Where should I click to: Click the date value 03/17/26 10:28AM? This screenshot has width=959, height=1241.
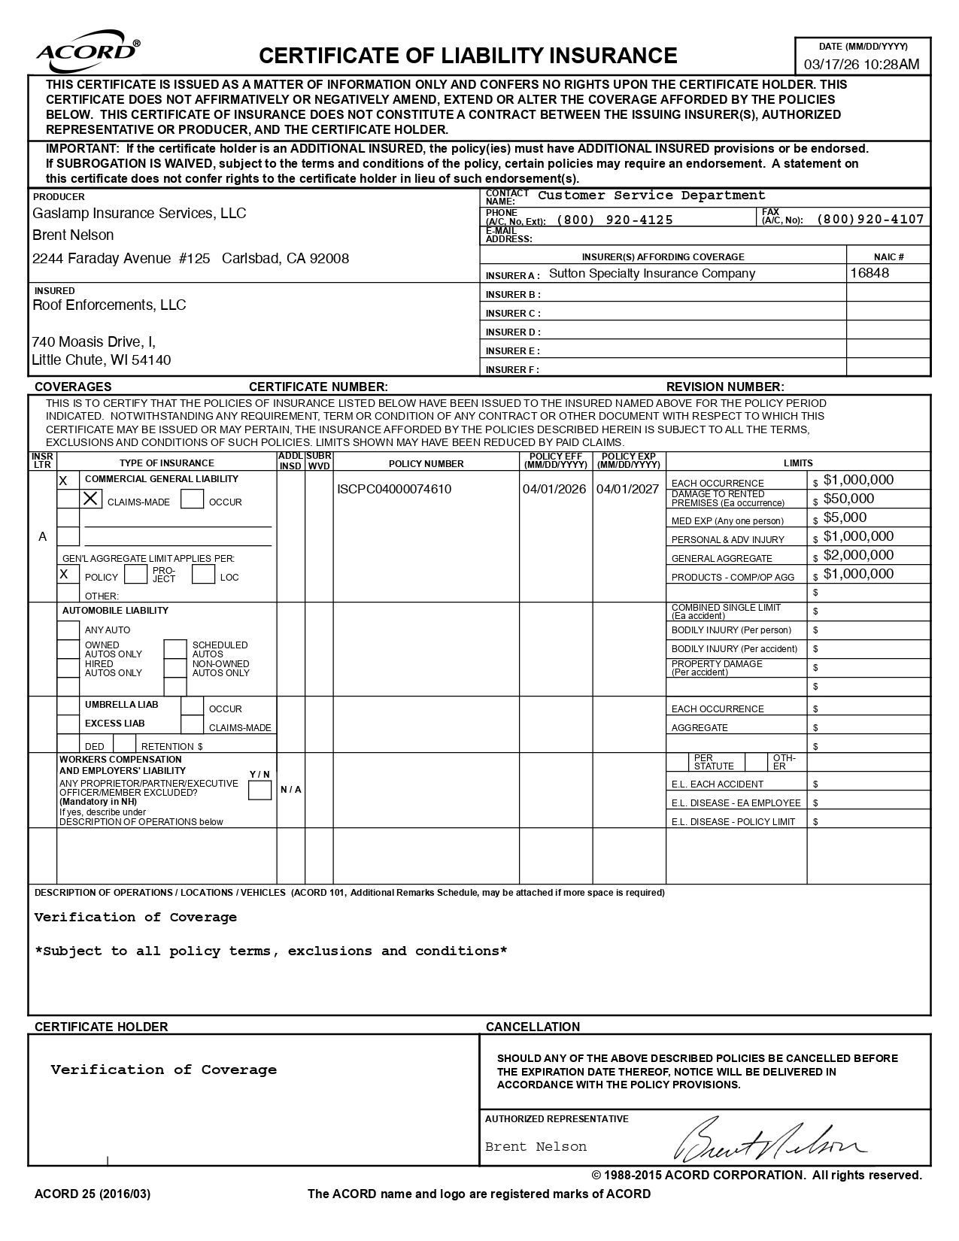[x=861, y=64]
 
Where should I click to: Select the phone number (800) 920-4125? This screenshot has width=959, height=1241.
[x=615, y=220]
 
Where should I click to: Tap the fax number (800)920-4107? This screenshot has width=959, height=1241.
[x=869, y=219]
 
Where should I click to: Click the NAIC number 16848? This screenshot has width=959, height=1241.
[x=869, y=273]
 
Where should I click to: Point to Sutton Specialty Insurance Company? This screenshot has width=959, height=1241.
[x=651, y=274]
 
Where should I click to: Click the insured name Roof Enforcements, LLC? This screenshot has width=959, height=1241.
[x=109, y=305]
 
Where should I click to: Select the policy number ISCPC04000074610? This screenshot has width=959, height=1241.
[x=394, y=489]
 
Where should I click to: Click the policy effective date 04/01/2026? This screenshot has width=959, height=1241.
[x=554, y=489]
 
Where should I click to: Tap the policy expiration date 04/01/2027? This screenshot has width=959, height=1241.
[x=627, y=489]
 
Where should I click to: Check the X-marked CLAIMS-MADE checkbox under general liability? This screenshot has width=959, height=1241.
[x=91, y=499]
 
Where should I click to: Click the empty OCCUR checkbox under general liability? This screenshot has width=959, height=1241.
[x=193, y=499]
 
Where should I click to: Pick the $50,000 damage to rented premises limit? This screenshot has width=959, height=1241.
[x=848, y=499]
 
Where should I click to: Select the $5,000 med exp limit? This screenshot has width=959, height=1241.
[x=845, y=517]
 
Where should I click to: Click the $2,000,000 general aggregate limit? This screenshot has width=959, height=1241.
[x=858, y=555]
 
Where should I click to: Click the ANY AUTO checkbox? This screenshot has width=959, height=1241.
[x=68, y=630]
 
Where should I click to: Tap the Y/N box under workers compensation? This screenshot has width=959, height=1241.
[x=259, y=790]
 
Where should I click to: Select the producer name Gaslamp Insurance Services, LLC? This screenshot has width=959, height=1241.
[x=139, y=214]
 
